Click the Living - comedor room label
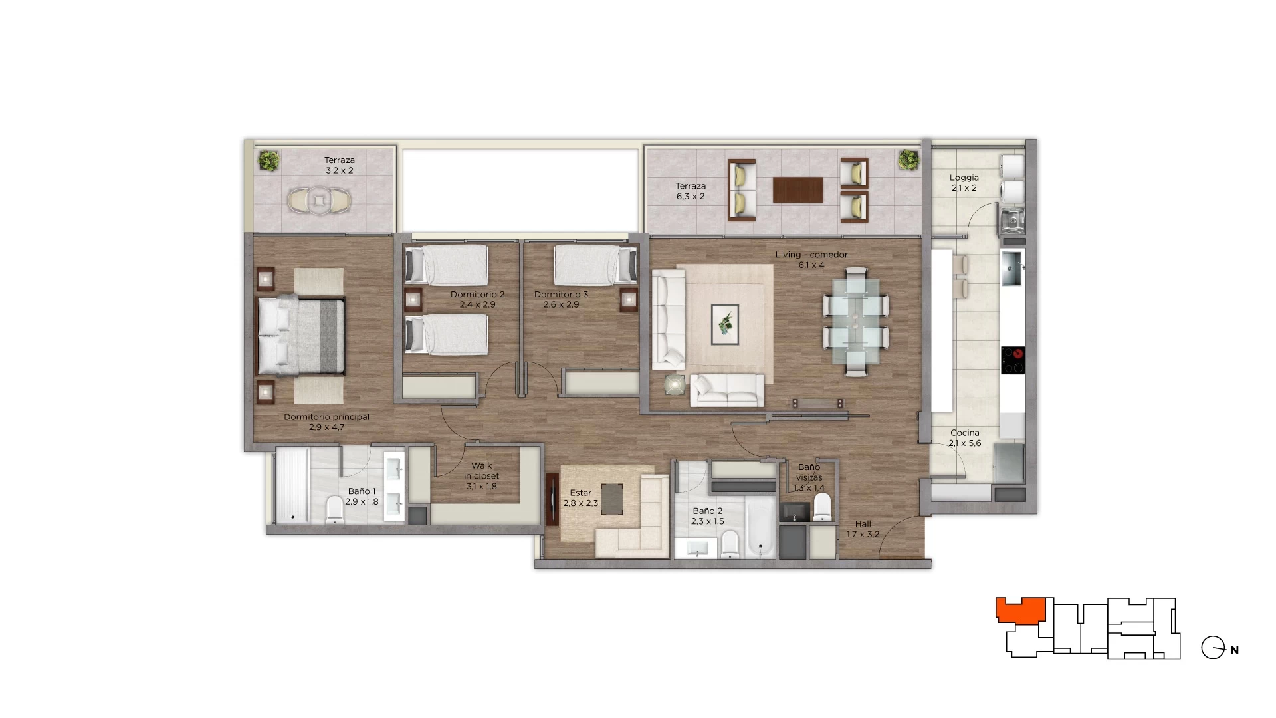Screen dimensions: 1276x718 pyautogui.click(x=811, y=259)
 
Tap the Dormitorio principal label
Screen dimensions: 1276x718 pyautogui.click(x=326, y=422)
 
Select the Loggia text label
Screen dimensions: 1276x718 pyautogui.click(x=964, y=183)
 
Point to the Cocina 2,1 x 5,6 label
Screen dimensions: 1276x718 pyautogui.click(x=965, y=438)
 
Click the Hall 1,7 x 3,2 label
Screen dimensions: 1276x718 pyautogui.click(x=863, y=529)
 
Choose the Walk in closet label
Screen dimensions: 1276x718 pyautogui.click(x=482, y=476)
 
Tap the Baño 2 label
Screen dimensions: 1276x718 pyautogui.click(x=708, y=516)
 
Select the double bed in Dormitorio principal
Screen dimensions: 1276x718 pyautogui.click(x=301, y=335)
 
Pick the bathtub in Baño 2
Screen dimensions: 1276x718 pyautogui.click(x=759, y=527)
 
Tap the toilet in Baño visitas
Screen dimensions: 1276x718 pyautogui.click(x=823, y=507)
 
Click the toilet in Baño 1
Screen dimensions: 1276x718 pyautogui.click(x=334, y=511)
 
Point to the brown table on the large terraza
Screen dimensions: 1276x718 pyautogui.click(x=797, y=189)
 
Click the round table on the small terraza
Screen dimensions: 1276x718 pyautogui.click(x=319, y=200)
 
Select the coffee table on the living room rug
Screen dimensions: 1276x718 pyautogui.click(x=725, y=324)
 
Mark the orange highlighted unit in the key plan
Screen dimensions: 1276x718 pyautogui.click(x=1020, y=610)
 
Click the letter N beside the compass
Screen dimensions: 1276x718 pyautogui.click(x=1235, y=650)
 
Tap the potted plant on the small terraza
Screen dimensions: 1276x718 pyautogui.click(x=268, y=160)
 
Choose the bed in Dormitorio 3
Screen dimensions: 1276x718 pyautogui.click(x=595, y=265)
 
